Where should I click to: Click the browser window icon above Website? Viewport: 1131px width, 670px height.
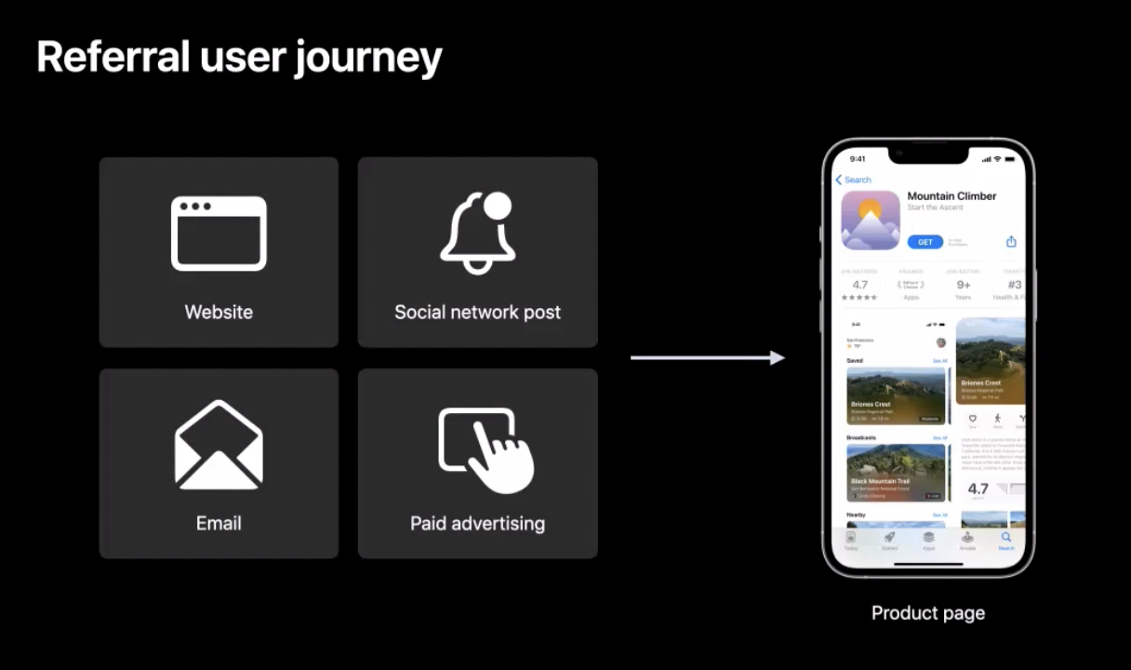point(219,233)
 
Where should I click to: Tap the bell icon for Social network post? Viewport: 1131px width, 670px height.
point(477,234)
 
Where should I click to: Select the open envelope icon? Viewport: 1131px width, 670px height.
point(219,445)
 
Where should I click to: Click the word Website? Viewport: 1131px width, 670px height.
point(219,312)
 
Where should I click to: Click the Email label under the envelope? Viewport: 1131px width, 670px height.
point(219,523)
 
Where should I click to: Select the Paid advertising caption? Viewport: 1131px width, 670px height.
point(477,523)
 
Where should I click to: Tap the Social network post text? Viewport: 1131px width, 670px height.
point(477,312)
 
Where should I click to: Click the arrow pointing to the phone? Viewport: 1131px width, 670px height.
point(707,357)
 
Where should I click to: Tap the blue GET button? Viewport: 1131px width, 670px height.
point(925,242)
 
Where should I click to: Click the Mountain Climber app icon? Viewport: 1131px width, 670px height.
point(871,221)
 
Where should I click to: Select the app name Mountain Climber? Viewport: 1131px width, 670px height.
point(951,196)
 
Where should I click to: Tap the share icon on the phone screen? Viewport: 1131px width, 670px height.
point(1011,242)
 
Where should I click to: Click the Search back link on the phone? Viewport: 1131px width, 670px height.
point(854,180)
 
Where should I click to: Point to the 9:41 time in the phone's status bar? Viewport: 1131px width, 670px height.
point(858,159)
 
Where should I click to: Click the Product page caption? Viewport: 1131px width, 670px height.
point(927,612)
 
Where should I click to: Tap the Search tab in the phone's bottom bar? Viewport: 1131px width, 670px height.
point(1006,541)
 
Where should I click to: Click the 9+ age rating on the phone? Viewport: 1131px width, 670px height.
point(964,286)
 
